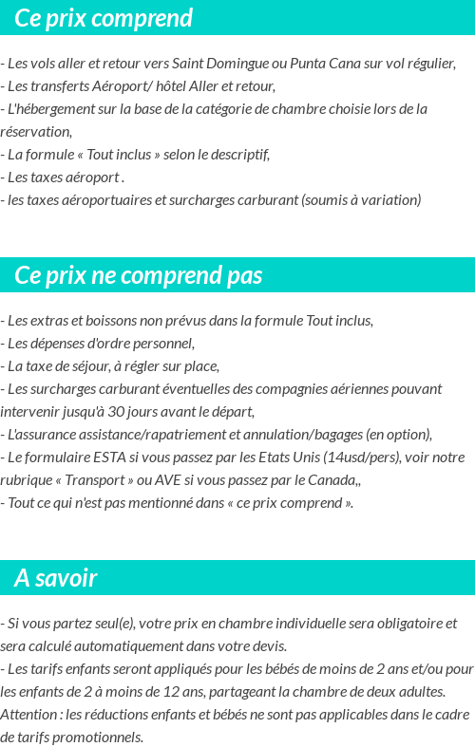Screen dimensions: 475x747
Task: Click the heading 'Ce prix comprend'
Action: pos(104,18)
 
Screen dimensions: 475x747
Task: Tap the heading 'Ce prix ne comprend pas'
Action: pos(139,275)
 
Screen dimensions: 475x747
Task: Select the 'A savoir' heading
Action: pos(55,577)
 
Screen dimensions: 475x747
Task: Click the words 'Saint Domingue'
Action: pos(216,64)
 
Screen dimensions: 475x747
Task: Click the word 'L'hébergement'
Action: pos(46,109)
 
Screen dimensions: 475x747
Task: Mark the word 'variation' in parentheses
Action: pos(388,200)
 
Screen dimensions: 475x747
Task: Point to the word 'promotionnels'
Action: pos(100,738)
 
